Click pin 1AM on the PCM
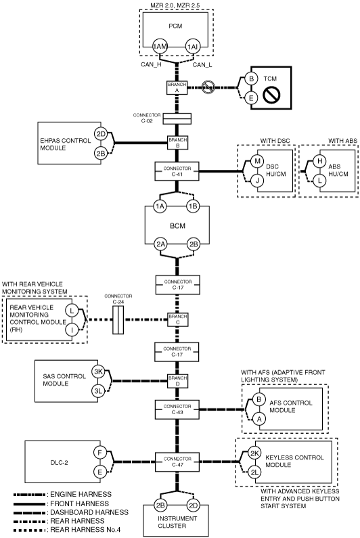tap(160, 47)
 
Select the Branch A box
tap(177, 87)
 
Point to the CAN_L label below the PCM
tap(202, 65)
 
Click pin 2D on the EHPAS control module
tap(101, 134)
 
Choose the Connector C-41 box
tap(177, 171)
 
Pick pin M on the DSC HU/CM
tap(257, 161)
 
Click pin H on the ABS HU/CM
tap(319, 161)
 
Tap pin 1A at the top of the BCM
tap(160, 206)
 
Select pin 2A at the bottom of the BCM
tap(160, 244)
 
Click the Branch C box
tap(177, 319)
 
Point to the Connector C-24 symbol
tap(118, 320)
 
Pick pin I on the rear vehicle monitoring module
tap(72, 330)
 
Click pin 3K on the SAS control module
tap(99, 372)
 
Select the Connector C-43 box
tap(177, 409)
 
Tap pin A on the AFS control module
tap(259, 419)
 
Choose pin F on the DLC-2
tap(100, 453)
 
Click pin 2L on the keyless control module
tap(254, 472)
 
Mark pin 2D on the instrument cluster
tap(194, 505)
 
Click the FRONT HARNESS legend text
tap(80, 503)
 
